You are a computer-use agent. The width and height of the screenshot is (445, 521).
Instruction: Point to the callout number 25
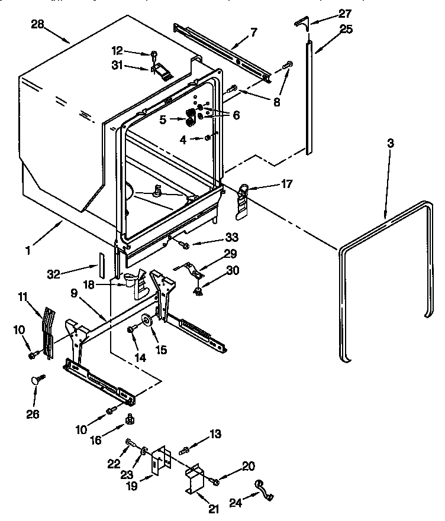[345, 29]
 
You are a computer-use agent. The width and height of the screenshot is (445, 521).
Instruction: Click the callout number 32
[54, 274]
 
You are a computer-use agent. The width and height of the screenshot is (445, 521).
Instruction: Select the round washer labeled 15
[145, 321]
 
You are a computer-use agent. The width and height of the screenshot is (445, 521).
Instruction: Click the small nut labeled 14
[129, 329]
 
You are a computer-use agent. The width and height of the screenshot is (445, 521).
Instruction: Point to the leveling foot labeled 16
[128, 420]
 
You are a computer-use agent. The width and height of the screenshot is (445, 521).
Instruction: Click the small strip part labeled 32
[102, 263]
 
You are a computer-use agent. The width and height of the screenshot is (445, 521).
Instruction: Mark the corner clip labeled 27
[301, 23]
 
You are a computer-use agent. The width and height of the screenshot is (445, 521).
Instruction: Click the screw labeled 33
[185, 244]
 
